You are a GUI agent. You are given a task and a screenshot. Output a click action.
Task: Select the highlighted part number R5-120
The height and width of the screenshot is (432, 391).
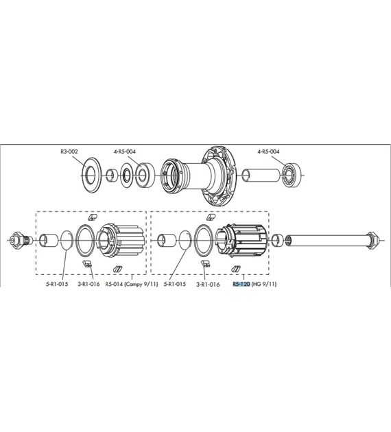click(x=241, y=284)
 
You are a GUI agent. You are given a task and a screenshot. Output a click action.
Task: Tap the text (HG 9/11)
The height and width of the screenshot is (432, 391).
click(x=265, y=284)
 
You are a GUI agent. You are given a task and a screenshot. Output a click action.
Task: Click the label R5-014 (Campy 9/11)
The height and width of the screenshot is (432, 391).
click(x=132, y=284)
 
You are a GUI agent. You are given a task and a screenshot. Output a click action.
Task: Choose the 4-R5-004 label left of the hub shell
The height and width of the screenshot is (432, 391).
click(x=126, y=152)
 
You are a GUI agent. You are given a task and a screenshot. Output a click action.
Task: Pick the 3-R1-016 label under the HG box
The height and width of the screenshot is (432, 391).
click(x=208, y=284)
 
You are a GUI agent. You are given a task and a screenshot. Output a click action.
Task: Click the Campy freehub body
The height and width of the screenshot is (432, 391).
click(x=121, y=239)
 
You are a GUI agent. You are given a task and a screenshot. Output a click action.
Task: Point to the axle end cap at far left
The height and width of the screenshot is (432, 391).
click(x=18, y=240)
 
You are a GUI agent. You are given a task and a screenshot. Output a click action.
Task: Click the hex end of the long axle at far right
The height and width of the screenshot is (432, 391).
click(x=373, y=239)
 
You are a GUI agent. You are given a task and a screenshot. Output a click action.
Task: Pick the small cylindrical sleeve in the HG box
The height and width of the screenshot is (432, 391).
click(x=167, y=240)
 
